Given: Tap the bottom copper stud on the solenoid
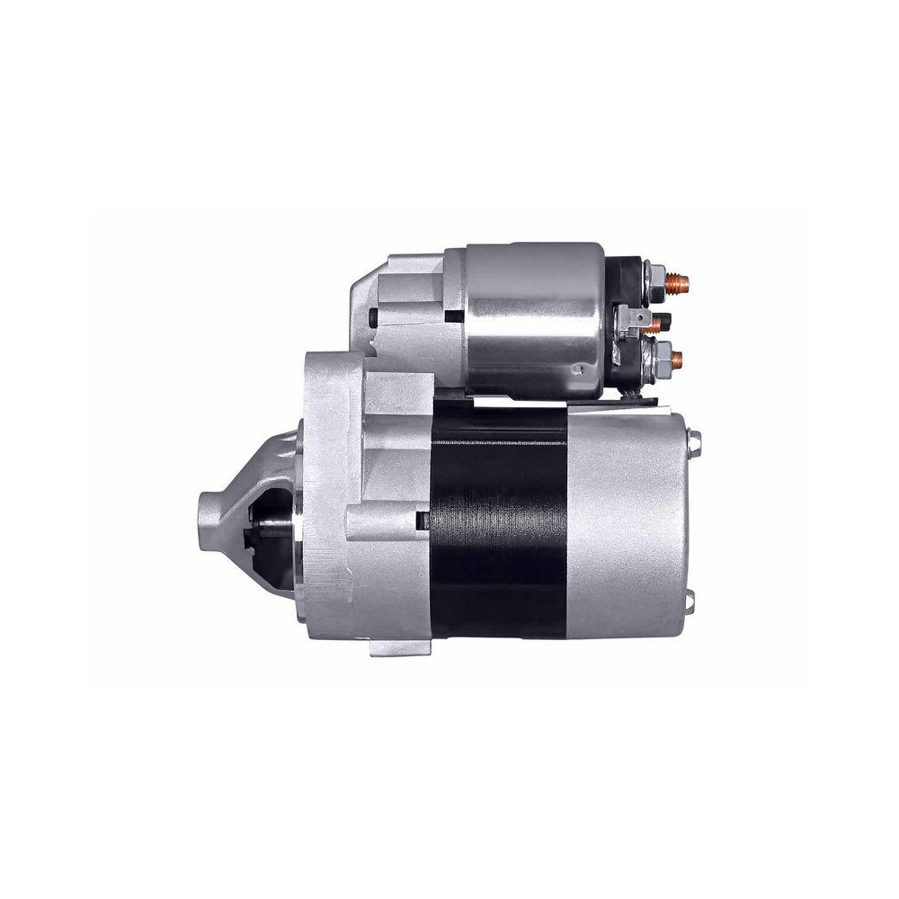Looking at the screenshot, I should pyautogui.click(x=676, y=361).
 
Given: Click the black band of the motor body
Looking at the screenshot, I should pyautogui.click(x=499, y=521).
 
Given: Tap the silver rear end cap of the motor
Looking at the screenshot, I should pyautogui.click(x=629, y=521).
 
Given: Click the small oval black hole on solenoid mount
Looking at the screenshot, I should pyautogui.click(x=373, y=319).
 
